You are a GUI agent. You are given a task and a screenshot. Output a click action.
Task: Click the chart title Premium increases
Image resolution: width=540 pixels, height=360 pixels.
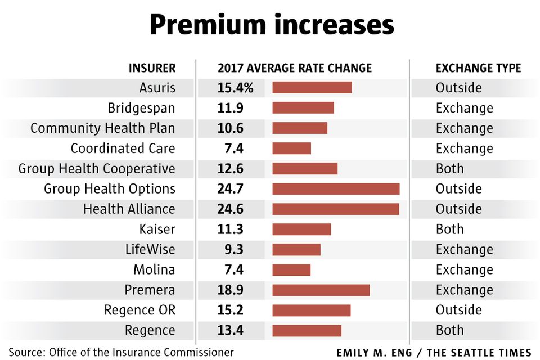point(272,25)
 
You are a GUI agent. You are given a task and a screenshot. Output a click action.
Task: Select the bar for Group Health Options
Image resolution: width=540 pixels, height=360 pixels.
point(336,189)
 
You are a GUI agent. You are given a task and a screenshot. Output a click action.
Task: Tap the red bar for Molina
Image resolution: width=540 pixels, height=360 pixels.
point(291,270)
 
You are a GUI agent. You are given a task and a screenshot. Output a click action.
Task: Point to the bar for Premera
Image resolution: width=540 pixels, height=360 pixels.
point(321,290)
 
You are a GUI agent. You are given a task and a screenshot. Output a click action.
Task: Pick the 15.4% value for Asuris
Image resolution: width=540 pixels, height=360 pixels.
point(235,88)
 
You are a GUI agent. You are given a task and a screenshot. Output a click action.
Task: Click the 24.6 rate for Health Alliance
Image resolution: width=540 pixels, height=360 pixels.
point(231,209)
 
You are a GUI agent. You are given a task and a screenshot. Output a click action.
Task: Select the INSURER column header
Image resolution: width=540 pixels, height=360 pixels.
point(152,68)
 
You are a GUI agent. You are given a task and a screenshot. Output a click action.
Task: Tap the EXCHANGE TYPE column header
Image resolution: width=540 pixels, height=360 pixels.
point(478,68)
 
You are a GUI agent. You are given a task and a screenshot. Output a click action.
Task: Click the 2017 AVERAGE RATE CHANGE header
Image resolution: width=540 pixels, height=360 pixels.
point(295,68)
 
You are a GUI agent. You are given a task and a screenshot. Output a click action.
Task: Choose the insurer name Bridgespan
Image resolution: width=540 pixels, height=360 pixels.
point(142,108)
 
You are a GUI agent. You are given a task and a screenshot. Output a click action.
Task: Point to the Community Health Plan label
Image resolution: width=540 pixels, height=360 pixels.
point(102,128)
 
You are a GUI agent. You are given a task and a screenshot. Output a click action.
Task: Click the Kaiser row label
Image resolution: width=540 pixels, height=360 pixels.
point(157,229)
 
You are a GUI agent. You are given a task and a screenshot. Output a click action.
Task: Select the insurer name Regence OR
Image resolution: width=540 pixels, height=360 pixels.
point(140,310)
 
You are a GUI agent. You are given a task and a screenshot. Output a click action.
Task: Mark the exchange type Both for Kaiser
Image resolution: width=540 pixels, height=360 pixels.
point(450,229)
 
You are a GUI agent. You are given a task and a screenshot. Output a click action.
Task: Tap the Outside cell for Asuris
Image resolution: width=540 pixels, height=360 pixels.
point(459,88)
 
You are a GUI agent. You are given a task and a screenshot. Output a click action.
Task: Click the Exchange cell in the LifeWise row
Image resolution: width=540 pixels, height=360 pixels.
point(465,249)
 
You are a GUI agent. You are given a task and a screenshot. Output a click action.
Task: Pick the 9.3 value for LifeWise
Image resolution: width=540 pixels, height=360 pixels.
point(234,249)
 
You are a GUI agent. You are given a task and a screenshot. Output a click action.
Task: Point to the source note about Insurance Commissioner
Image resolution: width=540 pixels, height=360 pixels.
point(121,352)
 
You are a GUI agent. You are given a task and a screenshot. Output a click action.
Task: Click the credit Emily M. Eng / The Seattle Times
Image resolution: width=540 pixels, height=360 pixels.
point(434,353)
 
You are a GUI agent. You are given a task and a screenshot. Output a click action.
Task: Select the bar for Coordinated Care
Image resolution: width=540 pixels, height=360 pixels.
point(292,148)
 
